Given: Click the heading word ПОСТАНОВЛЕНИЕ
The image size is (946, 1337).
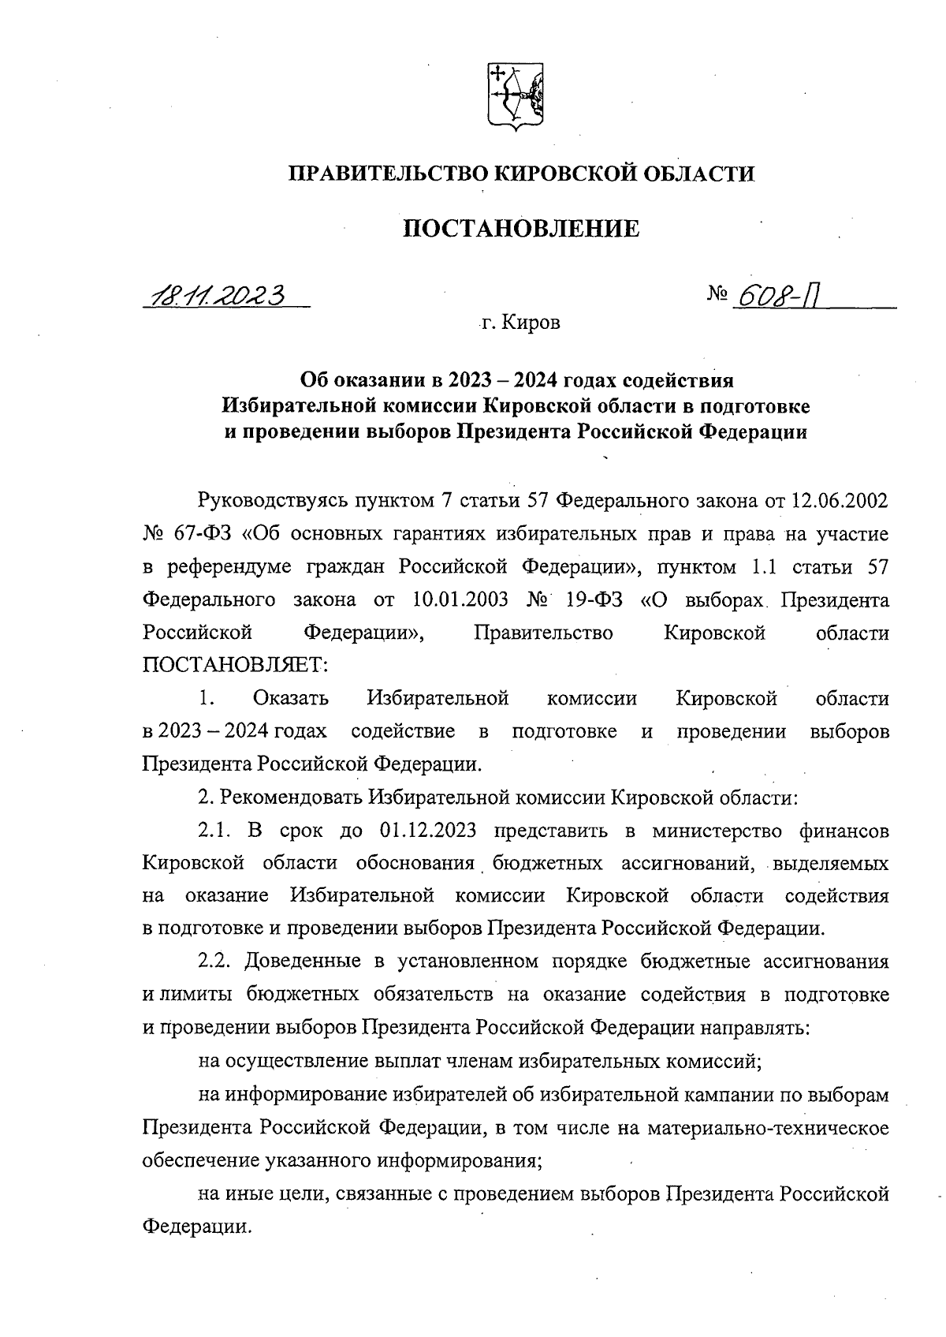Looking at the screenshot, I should point(521,230).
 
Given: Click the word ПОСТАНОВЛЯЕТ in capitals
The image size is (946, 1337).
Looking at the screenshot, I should point(233,666).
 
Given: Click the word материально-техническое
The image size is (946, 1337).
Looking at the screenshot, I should point(768,1128).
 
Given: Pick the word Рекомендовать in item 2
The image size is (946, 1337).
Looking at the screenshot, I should point(291,798).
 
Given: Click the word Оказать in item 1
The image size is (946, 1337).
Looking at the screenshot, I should point(291,699).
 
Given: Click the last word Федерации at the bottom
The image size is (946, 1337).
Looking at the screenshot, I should point(196,1227).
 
